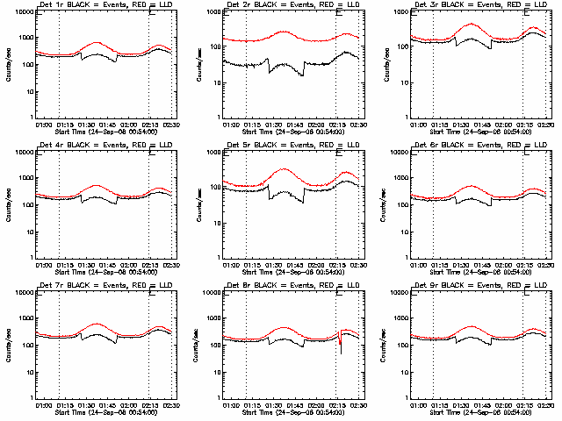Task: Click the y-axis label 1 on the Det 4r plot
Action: pos(29,258)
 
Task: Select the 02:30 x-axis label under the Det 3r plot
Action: pos(545,125)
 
